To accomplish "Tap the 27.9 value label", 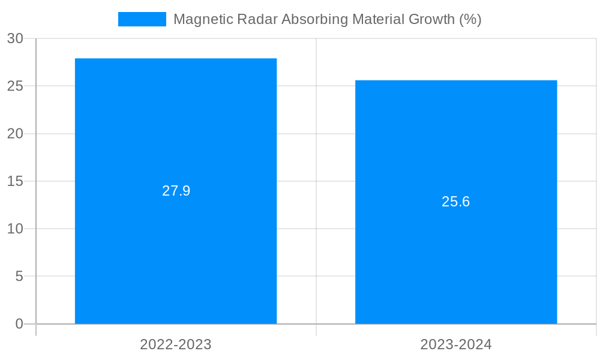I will [x=176, y=191].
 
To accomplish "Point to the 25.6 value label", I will [x=456, y=202].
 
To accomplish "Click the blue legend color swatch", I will [x=142, y=19].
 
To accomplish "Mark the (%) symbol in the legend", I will [x=470, y=19].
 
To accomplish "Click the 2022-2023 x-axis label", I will [x=176, y=344].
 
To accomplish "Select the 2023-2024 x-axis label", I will [x=456, y=344].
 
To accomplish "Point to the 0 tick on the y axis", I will [x=19, y=324].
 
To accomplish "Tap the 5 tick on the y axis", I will [x=19, y=277].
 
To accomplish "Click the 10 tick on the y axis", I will [x=16, y=229].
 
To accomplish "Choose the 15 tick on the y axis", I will [x=16, y=181].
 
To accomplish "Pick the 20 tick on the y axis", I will [x=16, y=134].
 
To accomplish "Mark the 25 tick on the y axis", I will [x=16, y=86].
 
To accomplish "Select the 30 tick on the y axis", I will [x=16, y=39].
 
